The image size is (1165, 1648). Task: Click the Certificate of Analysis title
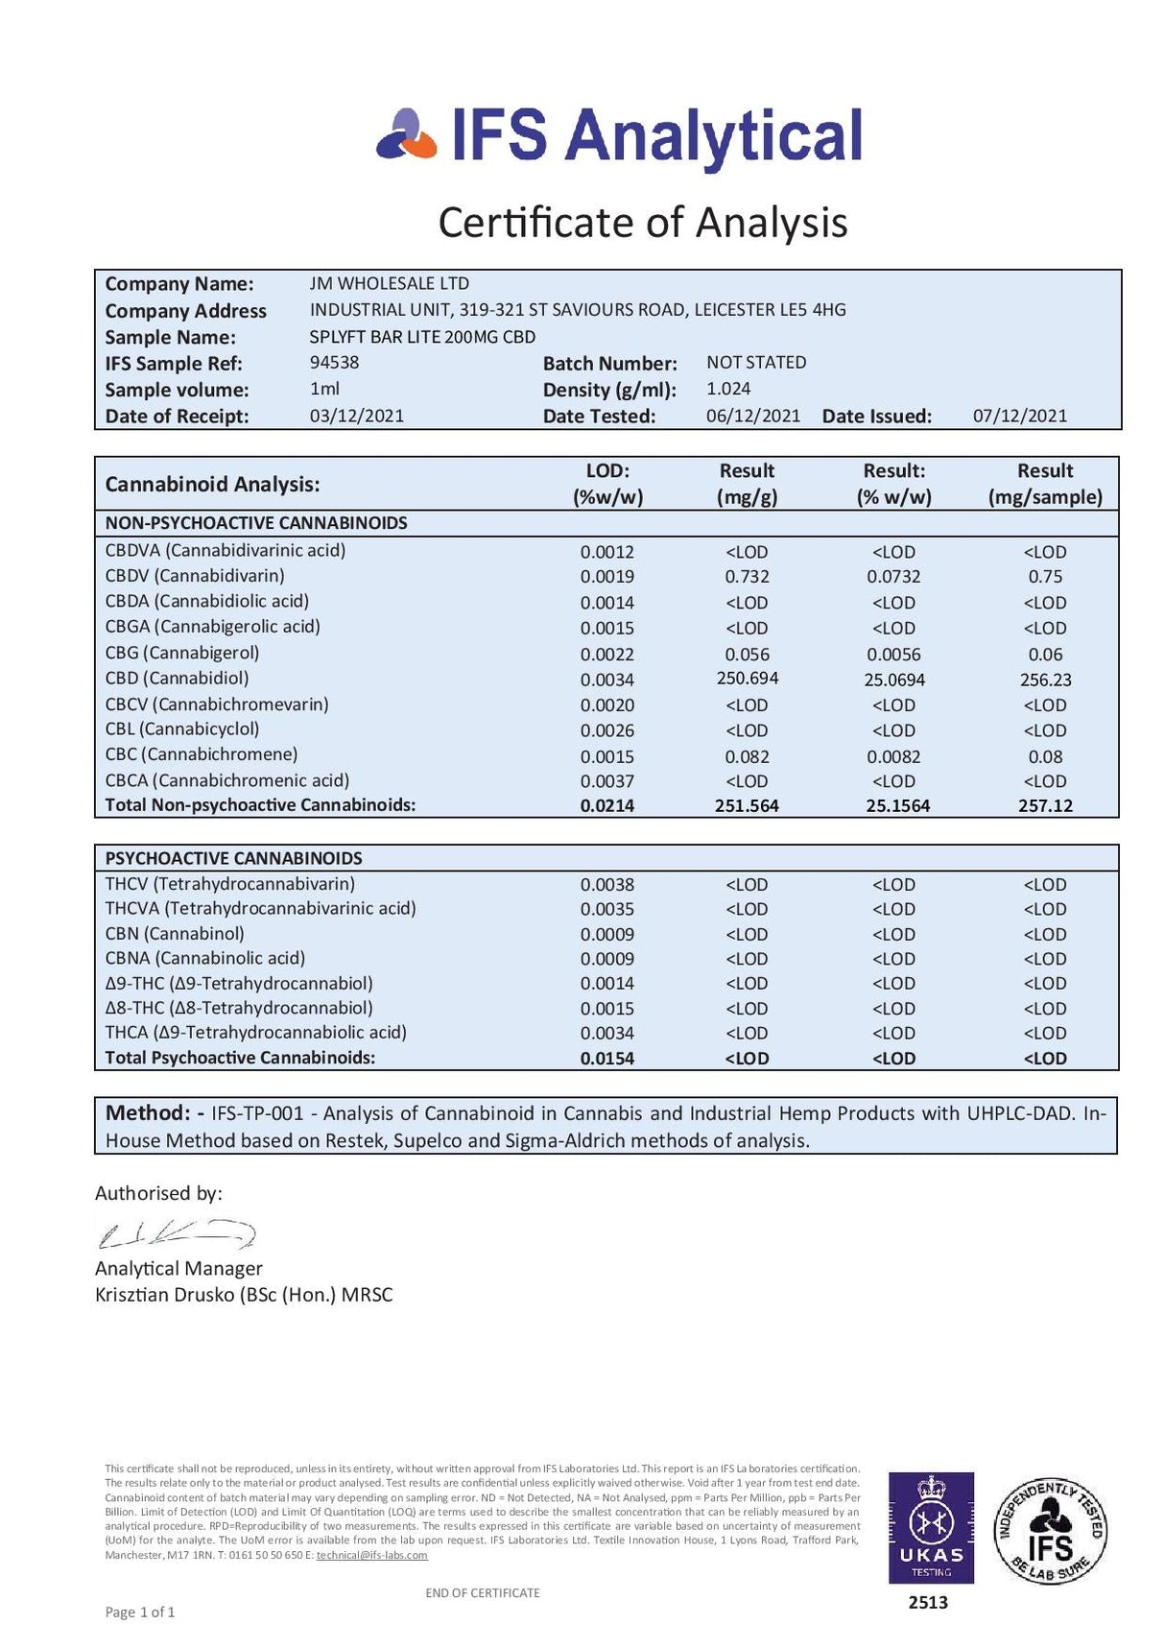click(x=642, y=223)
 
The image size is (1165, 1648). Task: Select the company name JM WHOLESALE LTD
click(x=389, y=284)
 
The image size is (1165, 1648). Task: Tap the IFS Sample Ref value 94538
click(x=334, y=363)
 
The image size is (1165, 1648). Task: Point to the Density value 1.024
click(x=728, y=389)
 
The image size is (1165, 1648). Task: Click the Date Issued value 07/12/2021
click(x=1019, y=416)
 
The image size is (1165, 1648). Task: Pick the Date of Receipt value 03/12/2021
click(x=356, y=416)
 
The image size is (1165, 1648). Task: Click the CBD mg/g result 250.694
click(x=747, y=679)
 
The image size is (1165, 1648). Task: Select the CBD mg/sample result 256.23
click(x=1045, y=680)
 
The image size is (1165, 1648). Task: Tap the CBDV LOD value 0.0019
click(x=606, y=577)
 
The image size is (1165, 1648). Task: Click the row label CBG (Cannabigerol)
click(x=181, y=653)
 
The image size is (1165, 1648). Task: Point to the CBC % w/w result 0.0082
click(x=893, y=756)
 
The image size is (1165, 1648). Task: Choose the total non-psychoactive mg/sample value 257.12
click(x=1045, y=806)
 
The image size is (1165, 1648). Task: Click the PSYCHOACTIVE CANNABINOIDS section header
click(x=233, y=858)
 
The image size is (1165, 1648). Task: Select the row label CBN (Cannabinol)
click(x=175, y=934)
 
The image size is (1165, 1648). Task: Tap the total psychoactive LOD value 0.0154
click(x=606, y=1059)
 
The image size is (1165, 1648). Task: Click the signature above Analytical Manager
click(x=176, y=1233)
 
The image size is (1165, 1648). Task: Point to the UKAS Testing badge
click(x=930, y=1527)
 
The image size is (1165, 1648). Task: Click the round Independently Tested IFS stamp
click(x=1050, y=1531)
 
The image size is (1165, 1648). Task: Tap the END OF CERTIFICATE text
click(x=482, y=1593)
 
